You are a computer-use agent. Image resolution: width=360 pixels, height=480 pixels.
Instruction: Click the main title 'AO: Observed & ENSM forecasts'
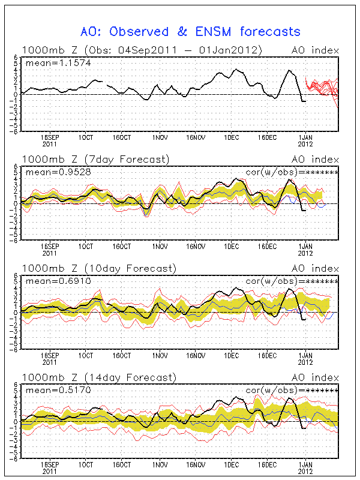pyautogui.click(x=190, y=31)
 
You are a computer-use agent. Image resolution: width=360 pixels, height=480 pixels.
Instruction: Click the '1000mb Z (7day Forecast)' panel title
pyautogui.click(x=96, y=159)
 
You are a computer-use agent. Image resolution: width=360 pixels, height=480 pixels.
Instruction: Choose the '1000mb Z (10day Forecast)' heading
pyautogui.click(x=99, y=268)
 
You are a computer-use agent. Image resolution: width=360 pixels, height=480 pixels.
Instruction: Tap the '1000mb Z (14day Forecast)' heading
pyautogui.click(x=99, y=377)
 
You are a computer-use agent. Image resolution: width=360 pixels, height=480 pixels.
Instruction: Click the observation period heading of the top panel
pyautogui.click(x=142, y=50)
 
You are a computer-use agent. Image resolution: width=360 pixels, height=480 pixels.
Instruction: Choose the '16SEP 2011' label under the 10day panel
pyautogui.click(x=50, y=358)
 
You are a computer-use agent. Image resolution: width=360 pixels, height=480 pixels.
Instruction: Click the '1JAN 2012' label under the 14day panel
pyautogui.click(x=305, y=467)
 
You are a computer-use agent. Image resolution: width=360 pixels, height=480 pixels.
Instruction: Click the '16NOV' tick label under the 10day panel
pyautogui.click(x=196, y=355)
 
